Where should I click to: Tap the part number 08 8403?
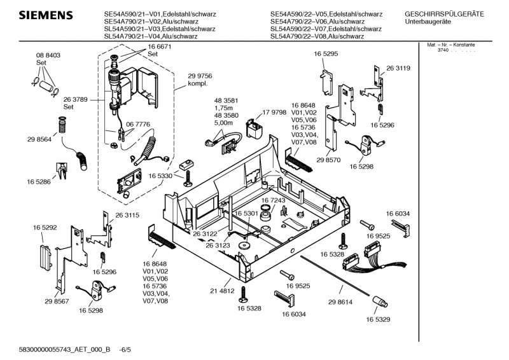(x=48, y=55)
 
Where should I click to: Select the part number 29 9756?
(x=200, y=76)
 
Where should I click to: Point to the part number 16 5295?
(x=325, y=55)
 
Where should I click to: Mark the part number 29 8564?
(x=39, y=139)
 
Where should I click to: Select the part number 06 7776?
(x=138, y=124)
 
